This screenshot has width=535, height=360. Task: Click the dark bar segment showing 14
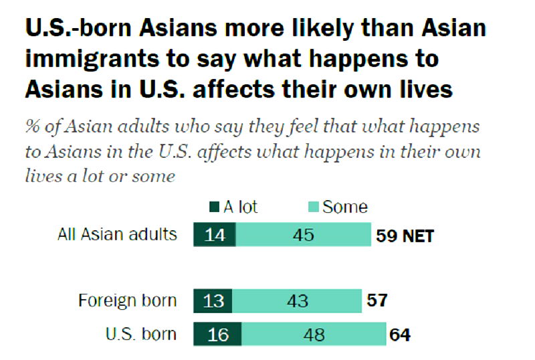[x=214, y=236]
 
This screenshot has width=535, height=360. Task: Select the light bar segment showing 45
[x=303, y=236]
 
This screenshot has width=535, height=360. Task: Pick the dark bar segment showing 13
[x=213, y=301]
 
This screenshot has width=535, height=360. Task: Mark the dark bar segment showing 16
[x=217, y=335]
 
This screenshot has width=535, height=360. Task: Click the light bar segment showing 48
[x=313, y=335]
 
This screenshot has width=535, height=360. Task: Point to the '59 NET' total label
[x=404, y=236]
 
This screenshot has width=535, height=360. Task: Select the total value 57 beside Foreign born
[x=377, y=301]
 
